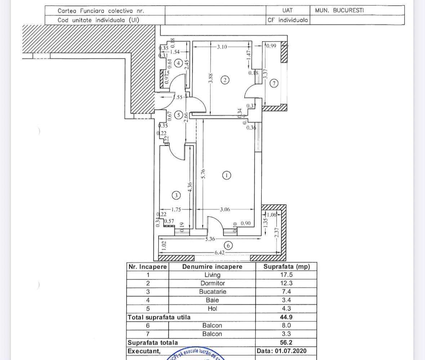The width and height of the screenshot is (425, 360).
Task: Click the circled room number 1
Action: pyautogui.click(x=226, y=175)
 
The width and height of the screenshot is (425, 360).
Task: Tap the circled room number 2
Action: pyautogui.click(x=225, y=80)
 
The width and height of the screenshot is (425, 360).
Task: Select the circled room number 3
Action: pyautogui.click(x=176, y=195)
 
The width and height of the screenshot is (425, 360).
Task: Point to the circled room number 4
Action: pyautogui.click(x=178, y=63)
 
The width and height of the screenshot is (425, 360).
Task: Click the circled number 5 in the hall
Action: pyautogui.click(x=178, y=115)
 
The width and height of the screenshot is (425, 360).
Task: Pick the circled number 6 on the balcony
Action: pyautogui.click(x=228, y=246)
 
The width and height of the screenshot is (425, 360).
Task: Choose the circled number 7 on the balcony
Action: pyautogui.click(x=274, y=83)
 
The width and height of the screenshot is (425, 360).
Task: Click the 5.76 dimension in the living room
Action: pyautogui.click(x=203, y=174)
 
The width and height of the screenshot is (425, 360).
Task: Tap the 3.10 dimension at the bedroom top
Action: pyautogui.click(x=222, y=47)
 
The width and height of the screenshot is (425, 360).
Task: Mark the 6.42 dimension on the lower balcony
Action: pyautogui.click(x=220, y=253)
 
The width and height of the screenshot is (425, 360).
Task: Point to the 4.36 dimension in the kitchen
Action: pyautogui.click(x=190, y=187)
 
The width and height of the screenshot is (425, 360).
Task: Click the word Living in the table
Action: pyautogui.click(x=212, y=275)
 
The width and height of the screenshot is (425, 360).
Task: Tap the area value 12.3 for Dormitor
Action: pyautogui.click(x=286, y=283)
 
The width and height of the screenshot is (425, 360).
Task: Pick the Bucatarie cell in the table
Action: pyautogui.click(x=212, y=291)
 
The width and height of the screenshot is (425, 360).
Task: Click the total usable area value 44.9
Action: pyautogui.click(x=286, y=317)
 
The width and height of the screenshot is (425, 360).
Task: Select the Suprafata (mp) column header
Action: pyautogui.click(x=286, y=267)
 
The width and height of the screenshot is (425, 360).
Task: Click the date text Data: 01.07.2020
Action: pyautogui.click(x=282, y=351)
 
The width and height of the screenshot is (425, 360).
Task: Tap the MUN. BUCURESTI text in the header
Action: pyautogui.click(x=339, y=10)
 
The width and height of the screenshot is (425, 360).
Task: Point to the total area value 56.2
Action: pyautogui.click(x=286, y=342)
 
